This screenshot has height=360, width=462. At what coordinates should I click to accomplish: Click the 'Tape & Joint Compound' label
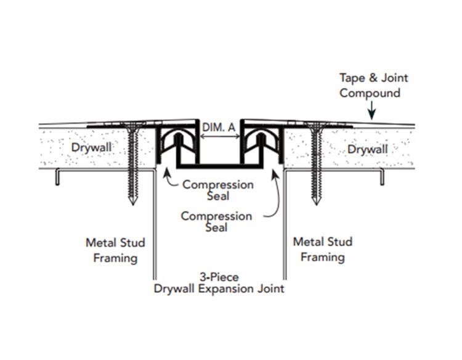[374, 86]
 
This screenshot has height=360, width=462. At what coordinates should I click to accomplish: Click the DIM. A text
[219, 127]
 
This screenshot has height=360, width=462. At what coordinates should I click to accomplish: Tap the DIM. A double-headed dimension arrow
[219, 137]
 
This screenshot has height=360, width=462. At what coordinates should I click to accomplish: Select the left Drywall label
[89, 149]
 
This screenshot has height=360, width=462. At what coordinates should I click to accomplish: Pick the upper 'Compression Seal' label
[209, 190]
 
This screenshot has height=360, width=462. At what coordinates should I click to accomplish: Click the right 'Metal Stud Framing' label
[323, 250]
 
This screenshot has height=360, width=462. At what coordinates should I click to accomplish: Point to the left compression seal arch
[176, 144]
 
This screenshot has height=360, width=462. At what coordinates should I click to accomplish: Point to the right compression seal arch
[262, 144]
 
